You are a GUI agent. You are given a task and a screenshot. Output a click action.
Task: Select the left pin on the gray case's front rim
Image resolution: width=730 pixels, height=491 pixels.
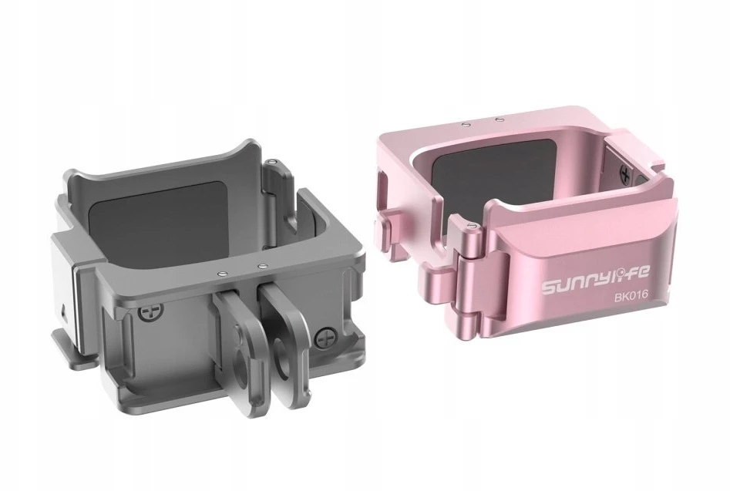coord(220,273)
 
